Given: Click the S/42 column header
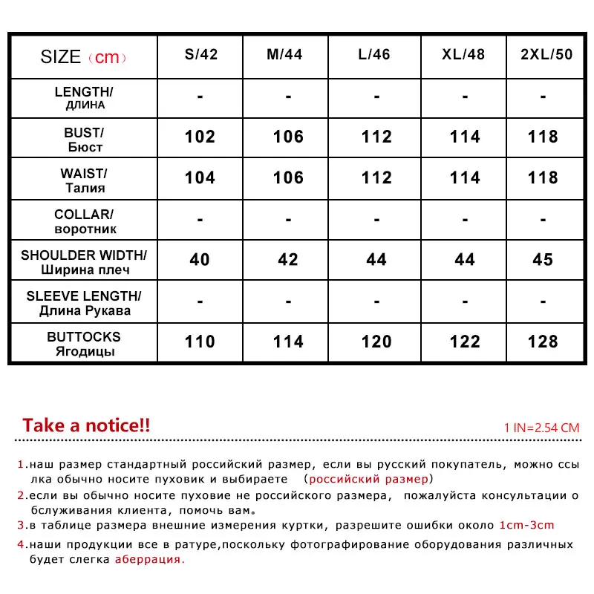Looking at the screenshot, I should click(x=200, y=55).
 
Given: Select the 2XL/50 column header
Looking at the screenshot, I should click(x=546, y=55).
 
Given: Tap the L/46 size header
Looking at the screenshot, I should click(x=376, y=55).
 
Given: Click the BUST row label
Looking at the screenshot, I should click(x=84, y=140).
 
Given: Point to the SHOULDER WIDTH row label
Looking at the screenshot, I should click(x=84, y=262).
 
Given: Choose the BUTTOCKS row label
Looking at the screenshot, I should click(x=84, y=344).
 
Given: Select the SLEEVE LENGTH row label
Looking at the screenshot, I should click(x=84, y=303).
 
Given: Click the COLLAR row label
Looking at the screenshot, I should click(x=84, y=221).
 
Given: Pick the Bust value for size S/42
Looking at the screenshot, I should click(x=200, y=137).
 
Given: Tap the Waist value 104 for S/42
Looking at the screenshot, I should click(x=200, y=178).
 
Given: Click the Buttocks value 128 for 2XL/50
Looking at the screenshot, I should click(x=544, y=342).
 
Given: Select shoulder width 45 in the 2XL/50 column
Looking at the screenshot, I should click(x=544, y=260).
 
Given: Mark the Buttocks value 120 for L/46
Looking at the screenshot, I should click(x=376, y=342).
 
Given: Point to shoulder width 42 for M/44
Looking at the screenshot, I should click(x=288, y=260).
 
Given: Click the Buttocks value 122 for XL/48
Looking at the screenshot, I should click(x=465, y=342).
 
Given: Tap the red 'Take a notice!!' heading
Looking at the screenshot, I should click(x=86, y=425).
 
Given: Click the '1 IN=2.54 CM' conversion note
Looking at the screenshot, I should click(x=541, y=428).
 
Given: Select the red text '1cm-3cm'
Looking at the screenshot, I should click(x=526, y=525).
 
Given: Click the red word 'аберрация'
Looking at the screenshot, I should click(x=148, y=559).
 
